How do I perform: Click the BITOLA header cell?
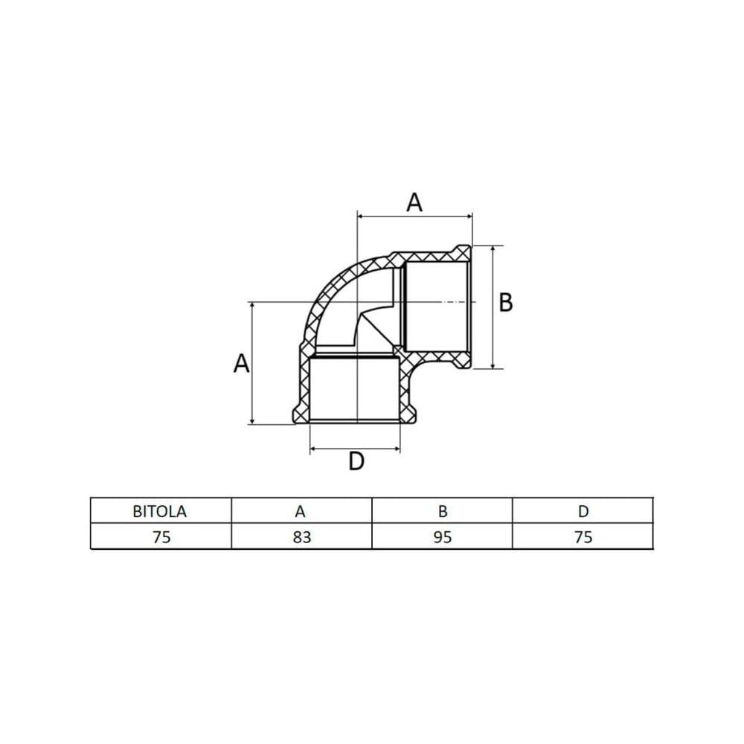[159, 512]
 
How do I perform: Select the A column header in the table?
[300, 512]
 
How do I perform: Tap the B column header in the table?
[442, 512]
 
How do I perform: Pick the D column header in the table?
[583, 512]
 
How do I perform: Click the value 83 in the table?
[302, 537]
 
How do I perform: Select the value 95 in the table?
[442, 537]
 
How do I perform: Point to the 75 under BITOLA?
[161, 537]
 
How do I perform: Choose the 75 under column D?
[583, 537]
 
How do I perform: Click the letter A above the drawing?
[414, 202]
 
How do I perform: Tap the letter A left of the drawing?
[242, 364]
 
